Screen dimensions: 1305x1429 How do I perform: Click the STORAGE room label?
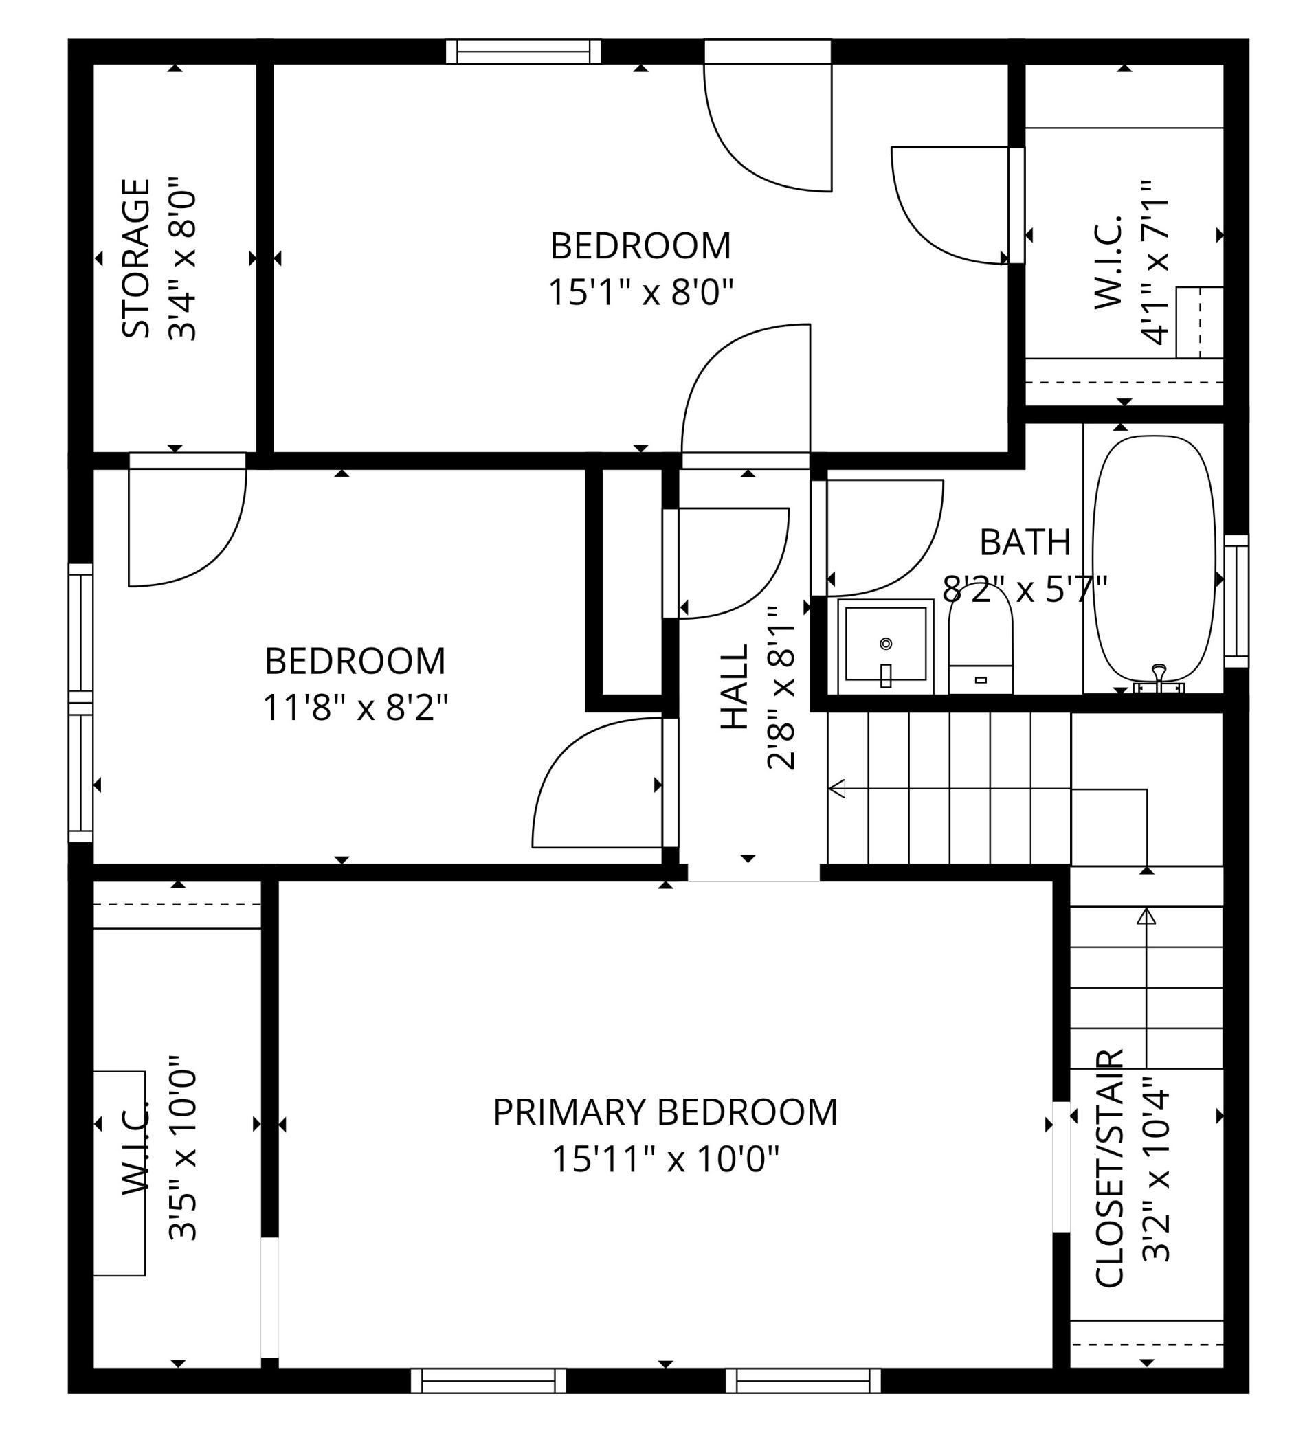pyautogui.click(x=135, y=259)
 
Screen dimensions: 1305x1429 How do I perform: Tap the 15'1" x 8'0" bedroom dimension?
pyautogui.click(x=640, y=292)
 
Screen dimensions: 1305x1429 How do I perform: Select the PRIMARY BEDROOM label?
pyautogui.click(x=665, y=1112)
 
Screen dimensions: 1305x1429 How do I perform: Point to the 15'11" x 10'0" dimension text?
pyautogui.click(x=665, y=1160)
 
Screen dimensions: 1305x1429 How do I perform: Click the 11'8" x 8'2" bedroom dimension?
pyautogui.click(x=355, y=708)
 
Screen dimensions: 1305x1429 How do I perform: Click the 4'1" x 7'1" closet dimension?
pyautogui.click(x=1155, y=262)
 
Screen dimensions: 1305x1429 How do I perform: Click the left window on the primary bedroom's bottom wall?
pyautogui.click(x=489, y=1381)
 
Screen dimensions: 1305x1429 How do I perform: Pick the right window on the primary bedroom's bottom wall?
pyautogui.click(x=803, y=1381)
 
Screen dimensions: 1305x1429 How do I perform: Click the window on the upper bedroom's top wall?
pyautogui.click(x=523, y=52)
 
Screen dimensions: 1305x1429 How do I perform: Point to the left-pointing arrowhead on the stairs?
pyautogui.click(x=836, y=788)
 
